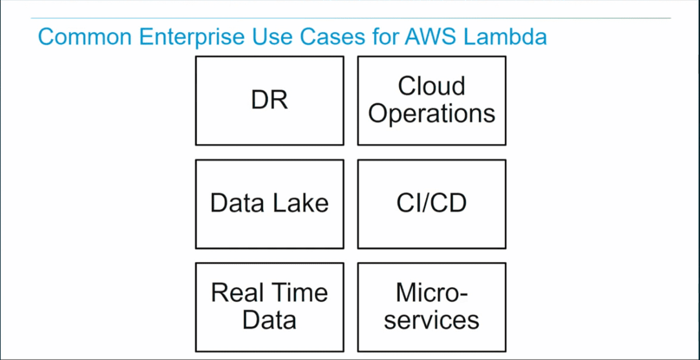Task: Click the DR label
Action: pyautogui.click(x=269, y=101)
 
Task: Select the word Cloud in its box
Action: pyautogui.click(x=432, y=86)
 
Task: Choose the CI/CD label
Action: pyautogui.click(x=432, y=204)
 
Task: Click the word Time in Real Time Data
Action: pyautogui.click(x=300, y=292)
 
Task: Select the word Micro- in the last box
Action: pyautogui.click(x=432, y=292)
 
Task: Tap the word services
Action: pyautogui.click(x=432, y=320)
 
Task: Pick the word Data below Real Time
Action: pyautogui.click(x=269, y=320)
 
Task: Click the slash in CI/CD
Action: pyautogui.click(x=432, y=204)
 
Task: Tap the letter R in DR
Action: pyautogui.click(x=279, y=101)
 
